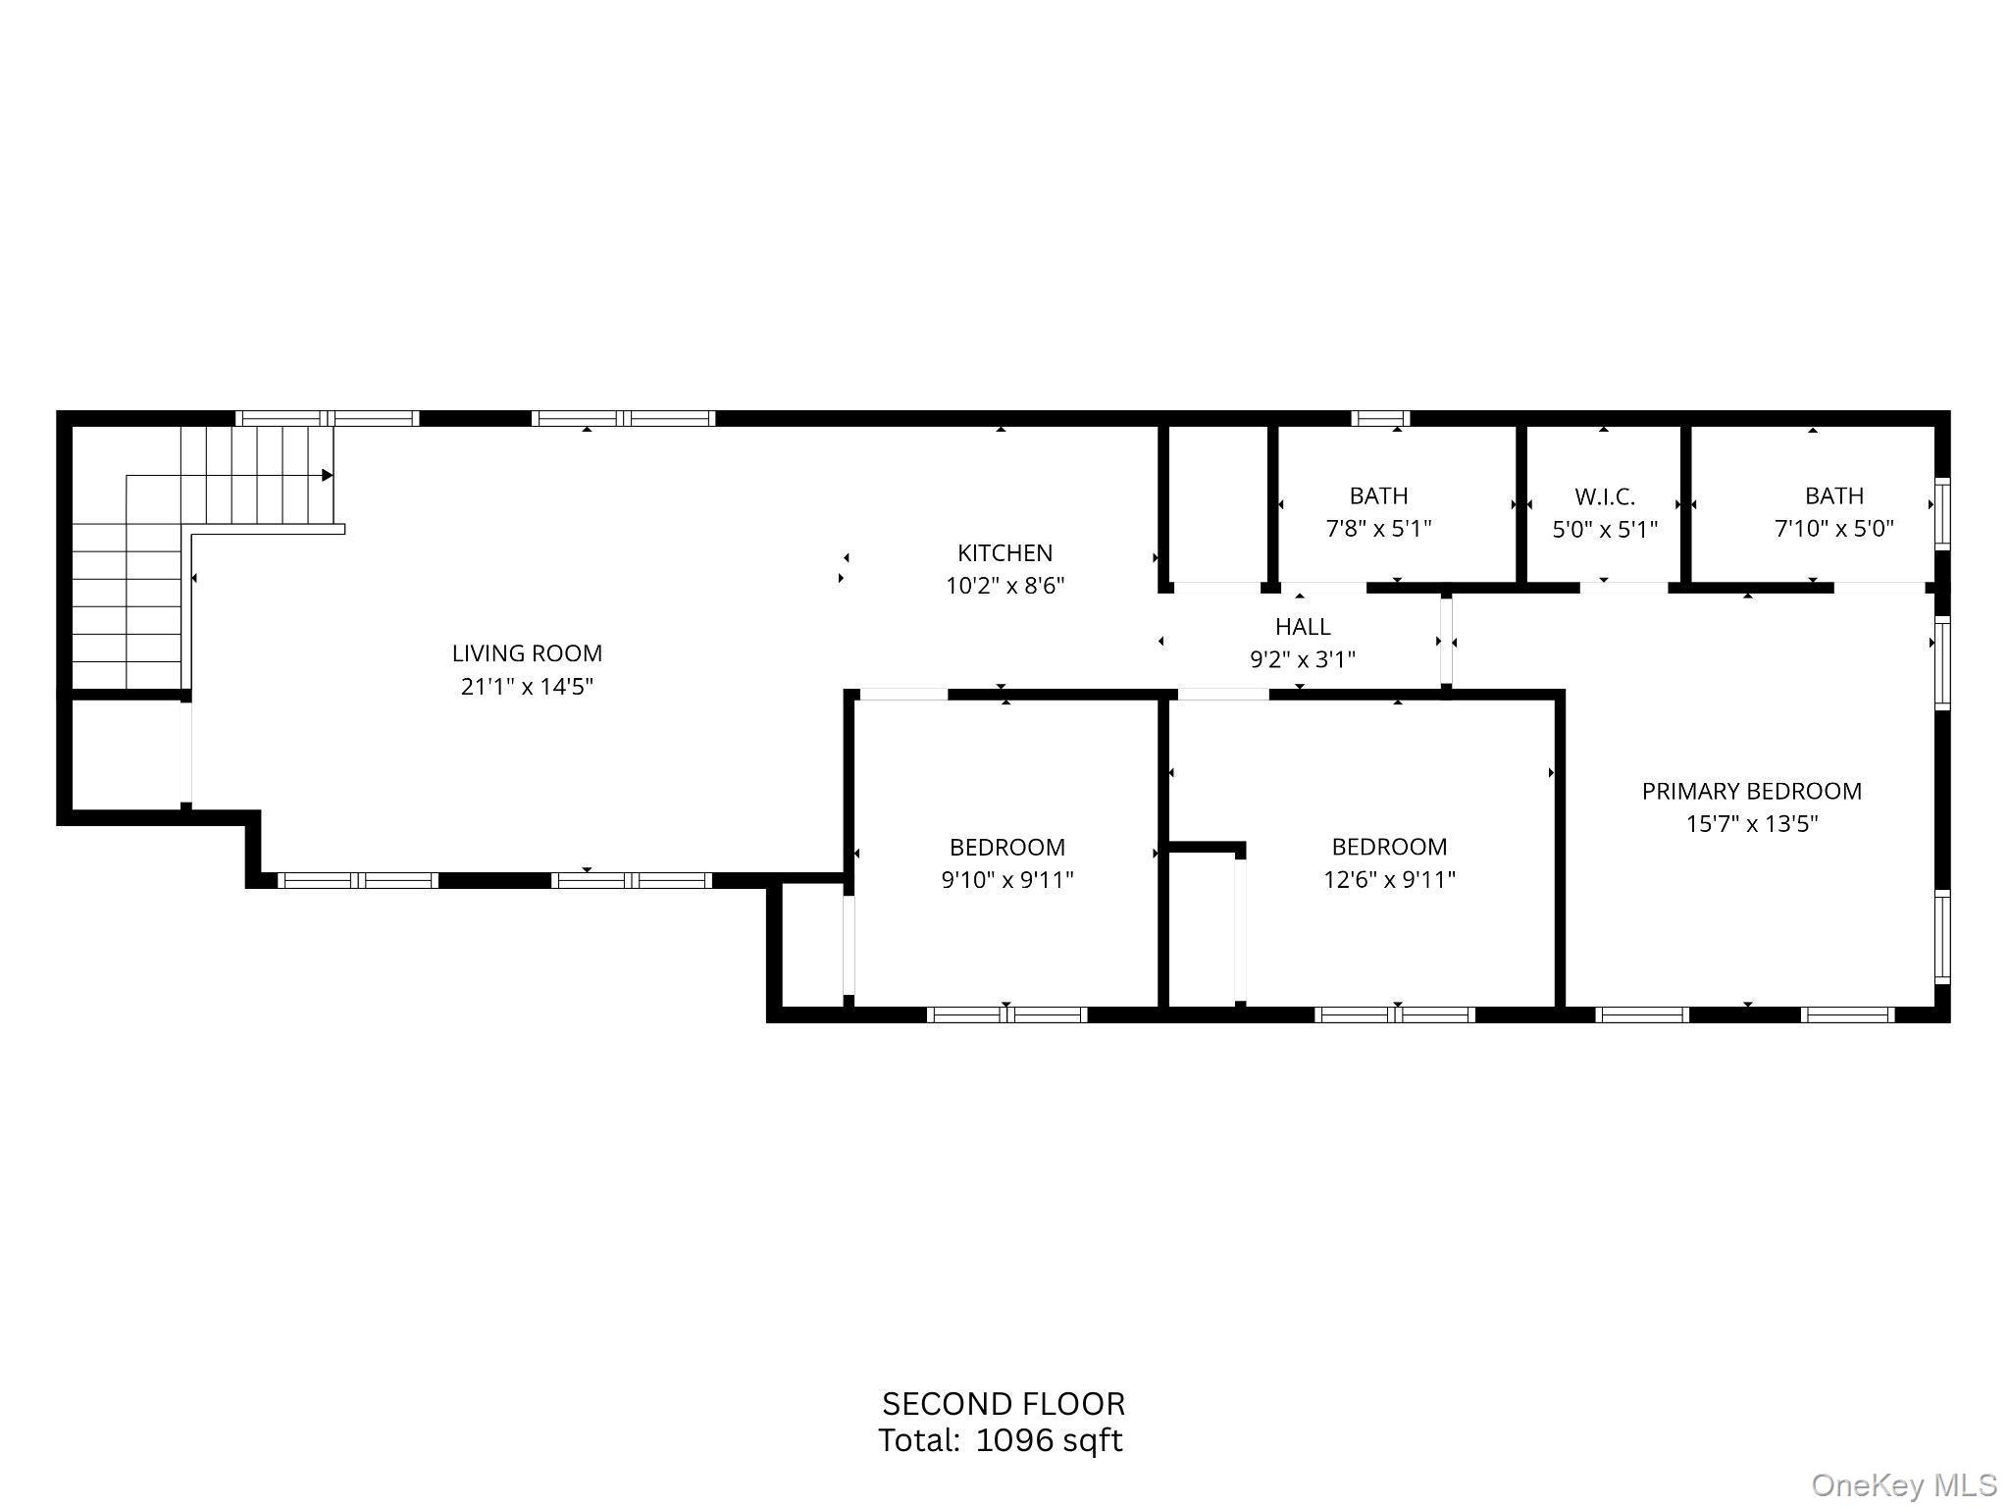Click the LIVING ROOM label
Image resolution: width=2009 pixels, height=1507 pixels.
(x=527, y=653)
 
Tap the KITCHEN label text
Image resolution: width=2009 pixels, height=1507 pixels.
(x=1004, y=553)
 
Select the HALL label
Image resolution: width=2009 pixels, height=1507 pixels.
(x=1303, y=627)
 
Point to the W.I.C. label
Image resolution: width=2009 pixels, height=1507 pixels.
(x=1605, y=496)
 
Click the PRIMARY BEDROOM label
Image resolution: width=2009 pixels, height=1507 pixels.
(x=1751, y=791)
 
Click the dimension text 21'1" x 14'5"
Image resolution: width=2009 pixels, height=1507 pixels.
(x=527, y=686)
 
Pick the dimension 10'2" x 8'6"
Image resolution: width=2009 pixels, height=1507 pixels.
(x=1004, y=586)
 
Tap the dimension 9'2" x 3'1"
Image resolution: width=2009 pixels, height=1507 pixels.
(x=1303, y=659)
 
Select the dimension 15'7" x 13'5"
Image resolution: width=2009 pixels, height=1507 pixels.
(x=1751, y=824)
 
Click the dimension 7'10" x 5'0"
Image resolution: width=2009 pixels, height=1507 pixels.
(x=1833, y=529)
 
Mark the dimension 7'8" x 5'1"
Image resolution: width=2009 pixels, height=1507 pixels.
(x=1378, y=529)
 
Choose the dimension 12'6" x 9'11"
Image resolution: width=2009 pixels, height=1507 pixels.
(x=1389, y=879)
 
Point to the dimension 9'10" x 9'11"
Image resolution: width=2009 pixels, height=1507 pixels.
(x=1007, y=879)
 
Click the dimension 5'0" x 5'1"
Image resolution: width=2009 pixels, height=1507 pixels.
(x=1605, y=530)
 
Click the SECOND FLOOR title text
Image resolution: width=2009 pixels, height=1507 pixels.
(x=1004, y=1404)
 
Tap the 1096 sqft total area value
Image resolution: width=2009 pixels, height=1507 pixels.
(x=1049, y=1440)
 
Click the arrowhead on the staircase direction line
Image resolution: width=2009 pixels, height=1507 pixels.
(x=328, y=476)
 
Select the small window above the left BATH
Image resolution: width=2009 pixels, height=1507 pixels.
(x=1380, y=419)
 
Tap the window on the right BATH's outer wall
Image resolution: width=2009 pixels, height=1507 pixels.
(x=1941, y=511)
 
